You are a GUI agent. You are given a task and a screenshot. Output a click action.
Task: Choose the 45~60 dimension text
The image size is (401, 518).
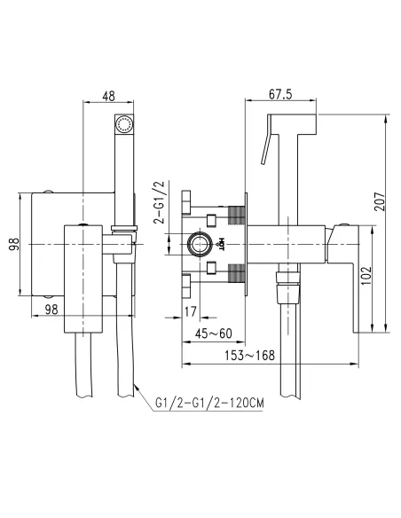tap(216, 334)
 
